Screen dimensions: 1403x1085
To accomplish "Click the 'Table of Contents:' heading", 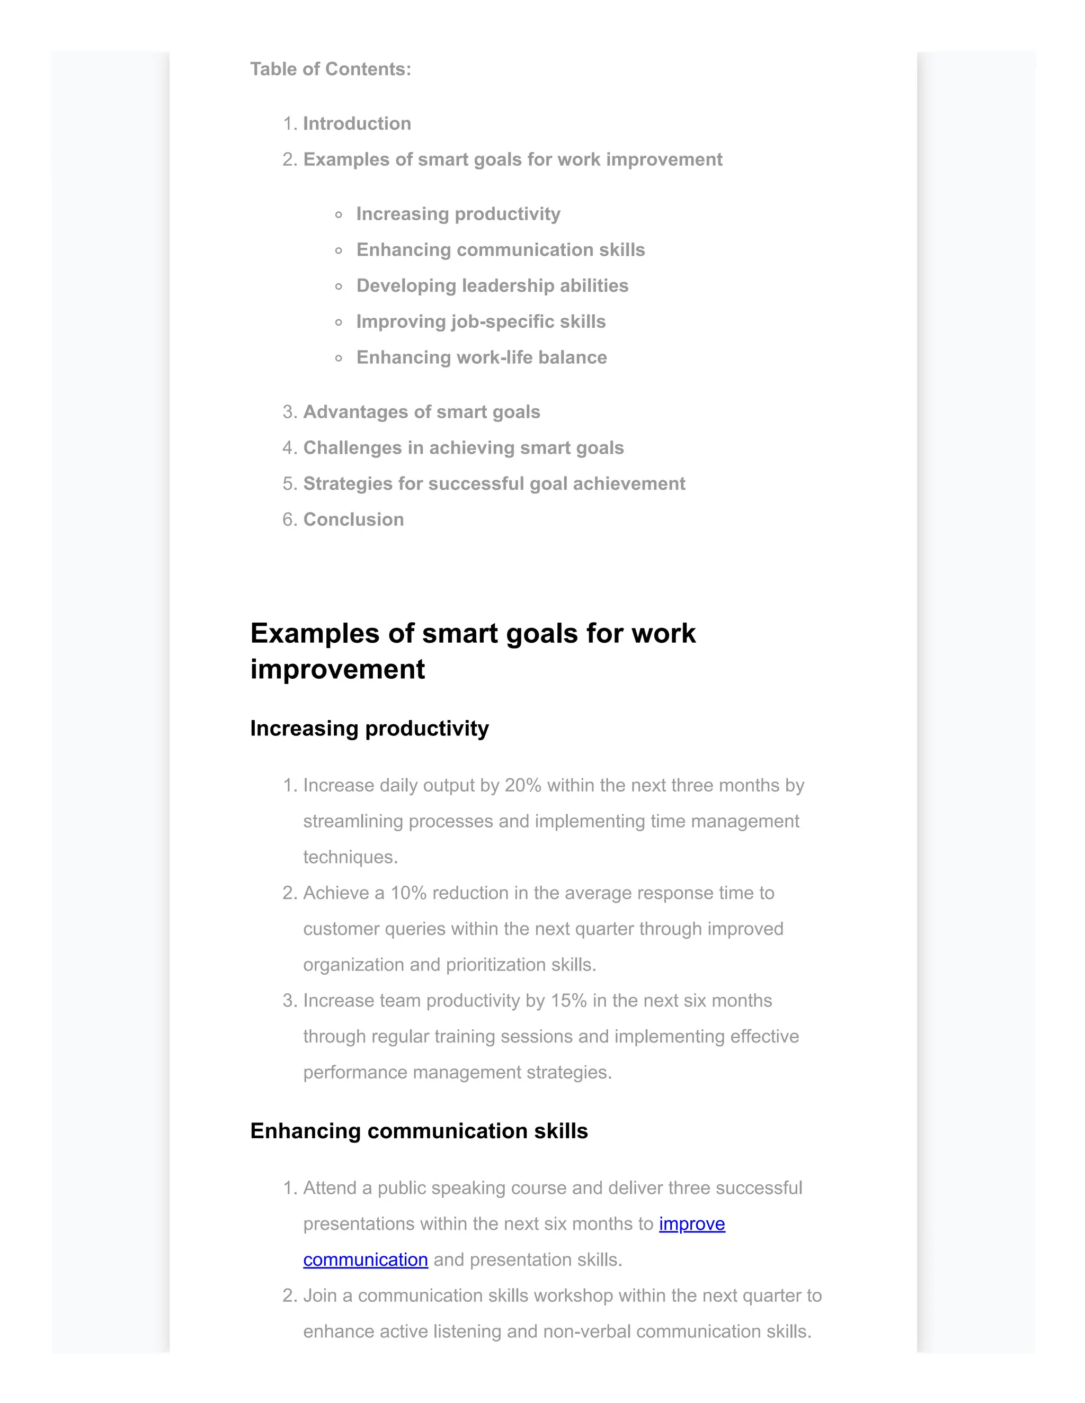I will click(x=331, y=69).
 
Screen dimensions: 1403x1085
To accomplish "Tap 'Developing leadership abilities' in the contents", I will click(x=492, y=285).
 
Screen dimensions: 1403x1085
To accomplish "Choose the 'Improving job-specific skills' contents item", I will click(x=481, y=321).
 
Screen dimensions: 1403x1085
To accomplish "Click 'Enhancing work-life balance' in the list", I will click(x=482, y=357).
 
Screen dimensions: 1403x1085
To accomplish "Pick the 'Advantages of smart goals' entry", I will click(x=421, y=412).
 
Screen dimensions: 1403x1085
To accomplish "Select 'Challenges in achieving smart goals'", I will click(x=463, y=448).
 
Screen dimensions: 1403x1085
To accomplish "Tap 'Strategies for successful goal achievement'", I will click(x=494, y=484).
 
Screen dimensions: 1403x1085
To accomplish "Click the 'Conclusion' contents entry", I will click(x=353, y=520).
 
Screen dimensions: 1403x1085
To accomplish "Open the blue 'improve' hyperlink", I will click(x=691, y=1225).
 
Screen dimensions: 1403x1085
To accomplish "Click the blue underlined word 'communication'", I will click(x=365, y=1261).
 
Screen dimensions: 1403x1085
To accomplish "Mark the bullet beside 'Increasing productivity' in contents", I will click(x=339, y=214).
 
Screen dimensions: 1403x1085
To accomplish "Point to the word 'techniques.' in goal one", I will click(x=350, y=858).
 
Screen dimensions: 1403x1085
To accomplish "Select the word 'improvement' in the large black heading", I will click(x=337, y=669).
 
